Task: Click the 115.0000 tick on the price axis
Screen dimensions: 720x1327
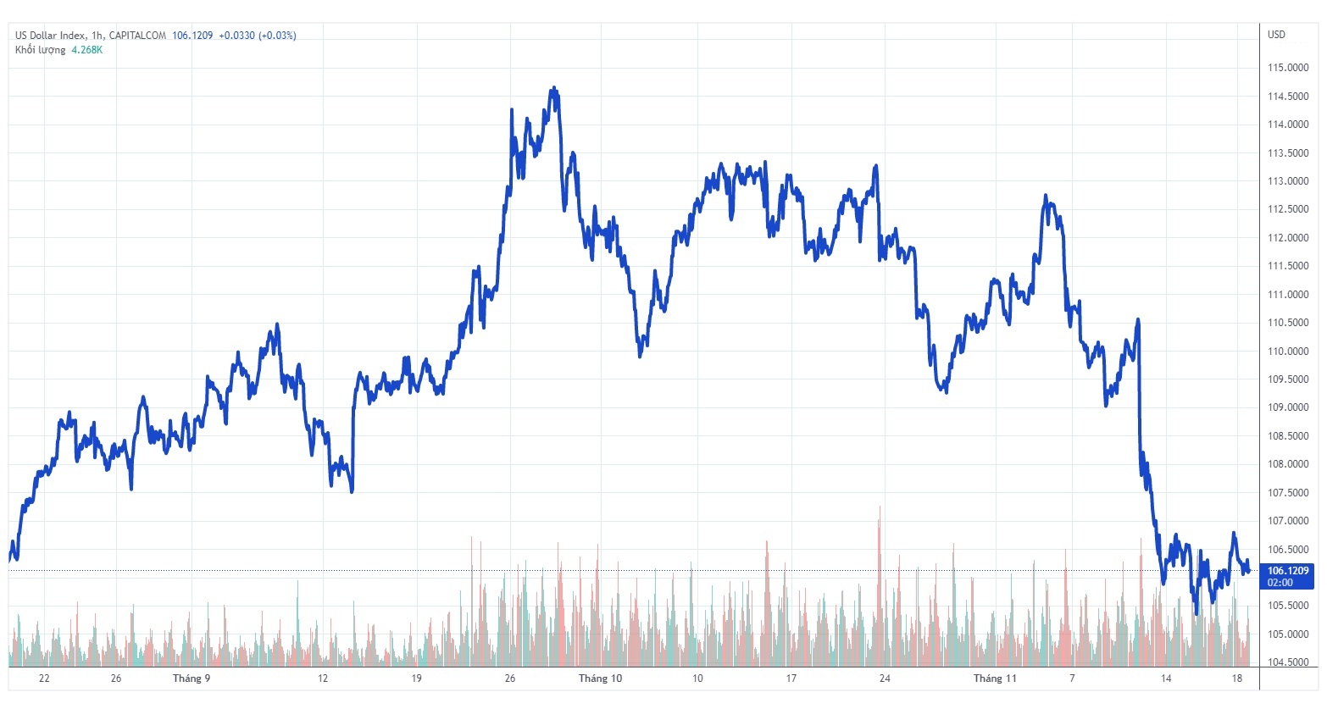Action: click(x=1287, y=68)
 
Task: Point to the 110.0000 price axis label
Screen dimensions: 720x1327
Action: click(x=1287, y=352)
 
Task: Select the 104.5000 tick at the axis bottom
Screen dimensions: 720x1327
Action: click(x=1287, y=662)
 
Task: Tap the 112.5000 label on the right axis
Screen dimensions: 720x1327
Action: click(x=1287, y=209)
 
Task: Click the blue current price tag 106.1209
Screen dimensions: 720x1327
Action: click(x=1287, y=571)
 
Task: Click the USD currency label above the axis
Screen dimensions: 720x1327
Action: click(x=1276, y=35)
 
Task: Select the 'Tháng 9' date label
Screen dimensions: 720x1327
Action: click(x=192, y=678)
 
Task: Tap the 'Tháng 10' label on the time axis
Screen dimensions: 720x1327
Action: click(x=600, y=678)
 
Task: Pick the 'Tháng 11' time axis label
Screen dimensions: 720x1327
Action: click(x=995, y=678)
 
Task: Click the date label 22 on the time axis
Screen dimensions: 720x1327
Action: click(x=44, y=678)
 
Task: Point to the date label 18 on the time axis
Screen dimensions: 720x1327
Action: click(x=1237, y=678)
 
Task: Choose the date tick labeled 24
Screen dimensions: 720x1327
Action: click(x=885, y=678)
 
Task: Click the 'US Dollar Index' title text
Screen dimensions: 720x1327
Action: click(x=50, y=36)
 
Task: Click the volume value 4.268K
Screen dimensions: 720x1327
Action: click(x=87, y=50)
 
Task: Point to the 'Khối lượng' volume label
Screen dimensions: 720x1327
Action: click(x=40, y=50)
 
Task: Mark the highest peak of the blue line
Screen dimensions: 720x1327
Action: click(x=553, y=88)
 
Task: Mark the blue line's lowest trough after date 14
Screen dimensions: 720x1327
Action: click(x=1197, y=612)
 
